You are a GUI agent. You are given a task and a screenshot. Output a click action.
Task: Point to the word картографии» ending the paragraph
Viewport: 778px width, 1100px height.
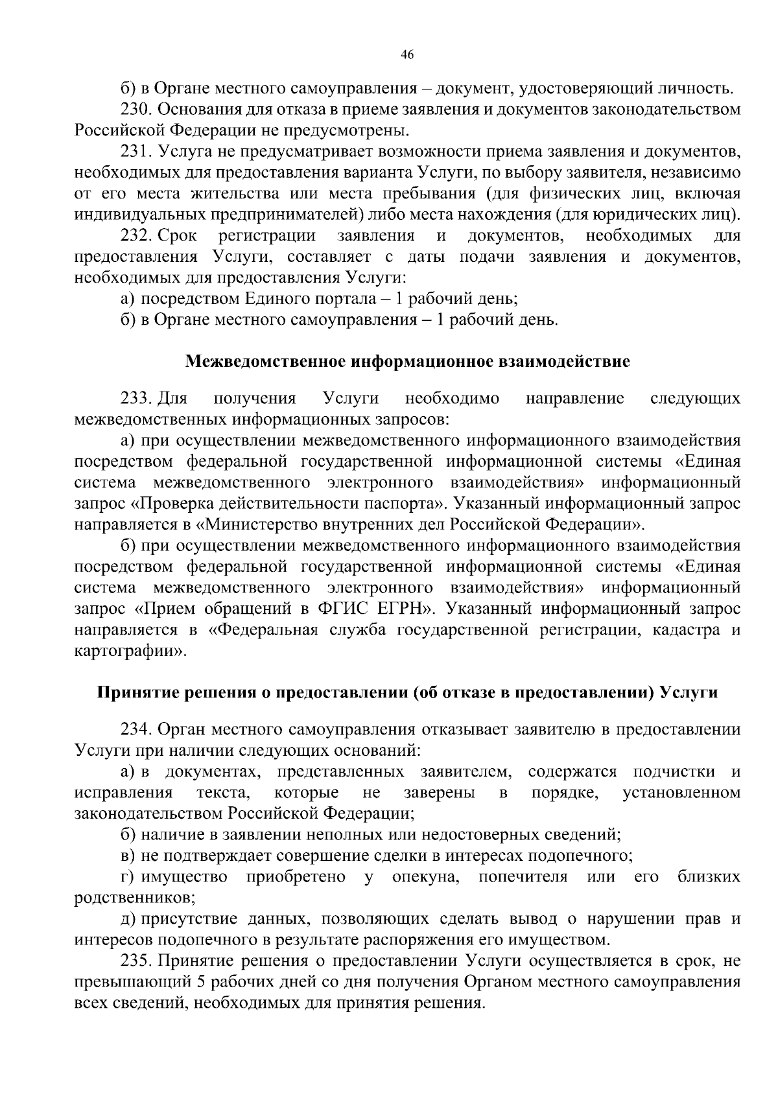coord(130,651)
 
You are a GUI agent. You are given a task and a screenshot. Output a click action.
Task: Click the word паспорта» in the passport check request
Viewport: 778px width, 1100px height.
coord(410,503)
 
